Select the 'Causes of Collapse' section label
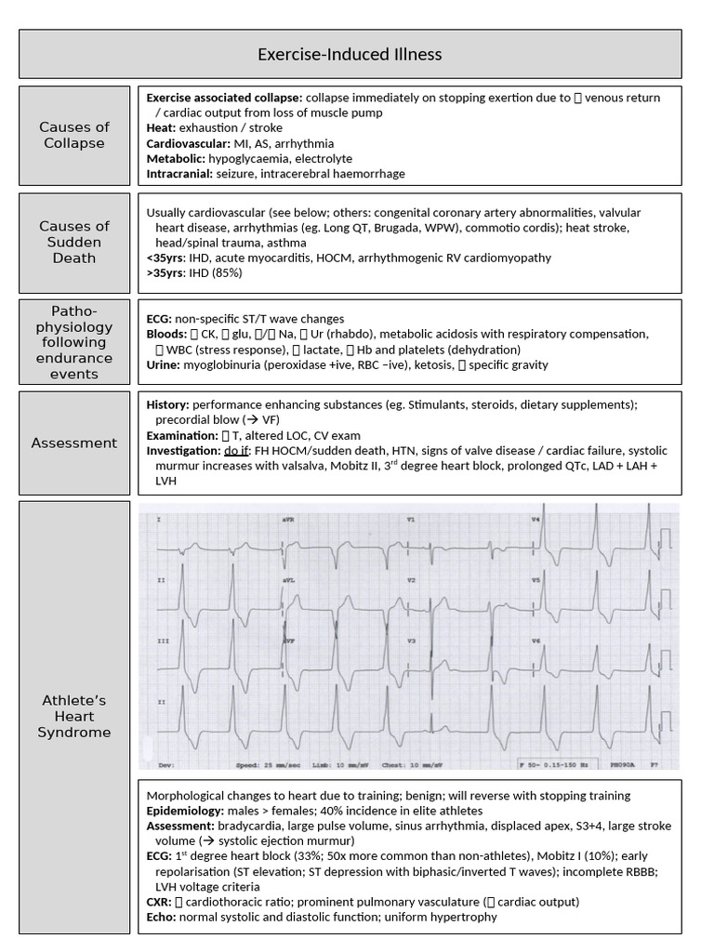[x=74, y=135]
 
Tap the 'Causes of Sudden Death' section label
[x=74, y=242]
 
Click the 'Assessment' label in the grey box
[x=74, y=443]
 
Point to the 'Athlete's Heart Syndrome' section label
[x=74, y=717]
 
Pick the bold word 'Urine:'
[x=165, y=364]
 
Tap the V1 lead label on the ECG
[x=411, y=519]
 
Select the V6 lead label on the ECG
[x=535, y=641]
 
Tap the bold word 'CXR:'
[x=160, y=902]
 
